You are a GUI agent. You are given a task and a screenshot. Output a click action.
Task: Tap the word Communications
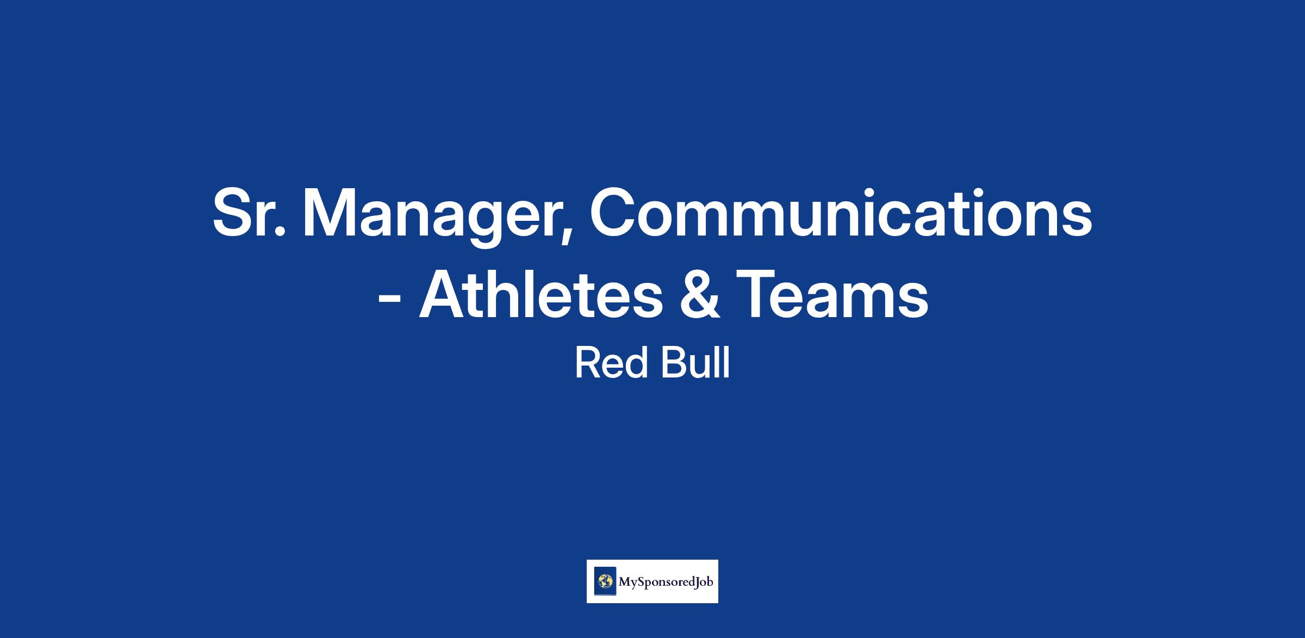click(841, 212)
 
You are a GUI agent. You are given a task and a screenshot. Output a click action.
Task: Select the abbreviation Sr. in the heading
click(249, 212)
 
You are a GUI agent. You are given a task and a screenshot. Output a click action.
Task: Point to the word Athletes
click(541, 294)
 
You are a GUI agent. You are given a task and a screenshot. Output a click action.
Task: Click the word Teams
click(832, 294)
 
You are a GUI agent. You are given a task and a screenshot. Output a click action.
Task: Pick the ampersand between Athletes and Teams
click(699, 294)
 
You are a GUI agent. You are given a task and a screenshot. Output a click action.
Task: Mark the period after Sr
click(280, 232)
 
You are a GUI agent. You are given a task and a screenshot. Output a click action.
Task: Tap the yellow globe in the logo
click(605, 582)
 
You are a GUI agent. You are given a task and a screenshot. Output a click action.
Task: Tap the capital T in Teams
click(758, 294)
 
